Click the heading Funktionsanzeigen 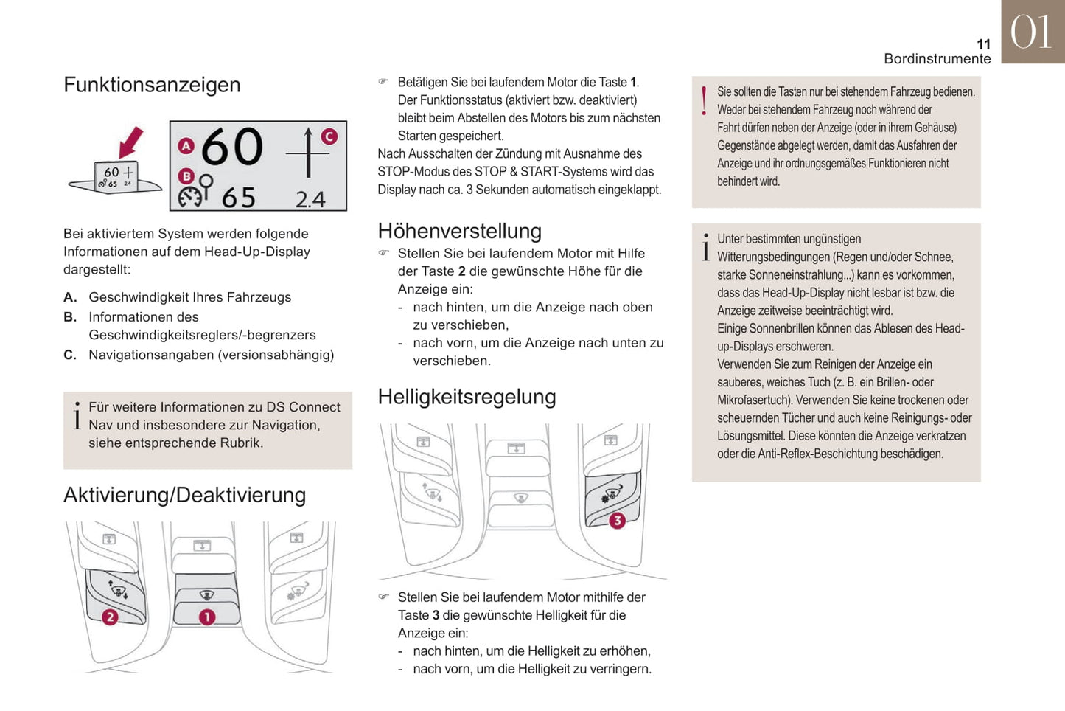(152, 85)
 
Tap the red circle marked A (186, 146)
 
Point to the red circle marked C (329, 136)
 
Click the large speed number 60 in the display (231, 147)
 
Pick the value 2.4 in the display (310, 199)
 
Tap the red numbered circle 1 (207, 617)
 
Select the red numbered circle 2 (110, 617)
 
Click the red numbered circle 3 (617, 520)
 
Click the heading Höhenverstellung (459, 232)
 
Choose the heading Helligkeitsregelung (467, 397)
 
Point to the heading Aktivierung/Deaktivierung (184, 495)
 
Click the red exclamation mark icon (705, 101)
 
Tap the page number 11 (983, 44)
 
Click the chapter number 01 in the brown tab (1031, 32)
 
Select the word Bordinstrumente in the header (937, 59)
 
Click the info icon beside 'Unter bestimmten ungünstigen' (705, 248)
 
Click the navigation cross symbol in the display (307, 153)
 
